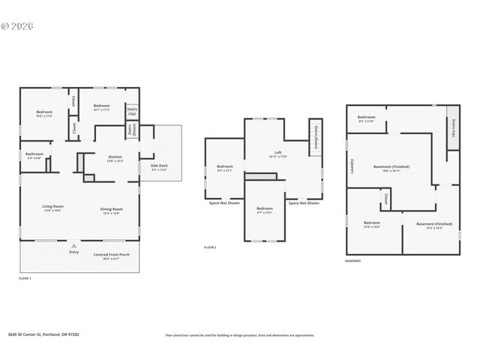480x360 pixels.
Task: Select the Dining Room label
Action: [x=111, y=208]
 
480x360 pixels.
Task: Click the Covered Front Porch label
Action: [x=112, y=255]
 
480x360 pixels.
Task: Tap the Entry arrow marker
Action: [x=73, y=246]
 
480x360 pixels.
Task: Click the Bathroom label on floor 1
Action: [x=34, y=155]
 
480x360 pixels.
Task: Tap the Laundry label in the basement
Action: [x=352, y=164]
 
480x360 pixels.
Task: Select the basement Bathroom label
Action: [x=366, y=118]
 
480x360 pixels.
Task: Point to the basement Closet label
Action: [x=385, y=200]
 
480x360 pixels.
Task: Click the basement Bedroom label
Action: [x=372, y=223]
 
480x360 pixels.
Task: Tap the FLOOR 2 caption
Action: [x=210, y=247]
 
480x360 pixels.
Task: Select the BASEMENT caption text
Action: [x=353, y=261]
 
